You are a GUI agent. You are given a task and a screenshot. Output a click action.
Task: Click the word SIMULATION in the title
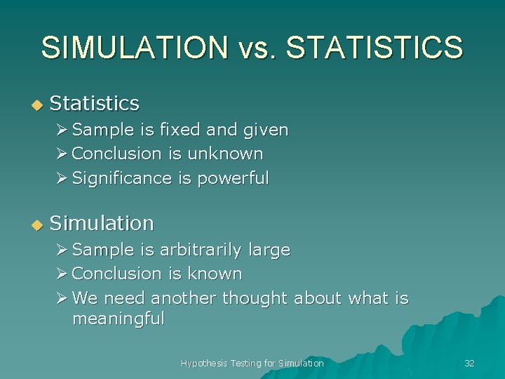(x=134, y=48)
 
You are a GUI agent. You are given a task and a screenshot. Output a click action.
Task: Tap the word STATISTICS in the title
(x=375, y=48)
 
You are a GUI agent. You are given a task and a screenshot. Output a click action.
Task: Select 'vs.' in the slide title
(x=256, y=48)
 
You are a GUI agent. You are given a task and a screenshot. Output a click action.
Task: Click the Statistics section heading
(x=95, y=103)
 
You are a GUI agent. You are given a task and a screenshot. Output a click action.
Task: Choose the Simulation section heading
(x=102, y=223)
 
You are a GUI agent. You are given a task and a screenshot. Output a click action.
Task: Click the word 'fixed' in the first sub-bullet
(x=180, y=130)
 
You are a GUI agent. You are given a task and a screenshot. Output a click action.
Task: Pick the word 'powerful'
(x=233, y=178)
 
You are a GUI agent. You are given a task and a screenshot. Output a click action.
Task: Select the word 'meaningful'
(x=118, y=319)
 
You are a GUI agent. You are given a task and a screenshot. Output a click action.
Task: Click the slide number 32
(x=469, y=363)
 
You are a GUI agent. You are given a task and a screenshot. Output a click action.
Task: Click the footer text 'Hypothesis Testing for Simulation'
(x=252, y=363)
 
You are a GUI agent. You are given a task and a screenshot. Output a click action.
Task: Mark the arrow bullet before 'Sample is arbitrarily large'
(x=62, y=250)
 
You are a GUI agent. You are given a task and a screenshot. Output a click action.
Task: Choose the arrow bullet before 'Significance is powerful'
(x=62, y=178)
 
